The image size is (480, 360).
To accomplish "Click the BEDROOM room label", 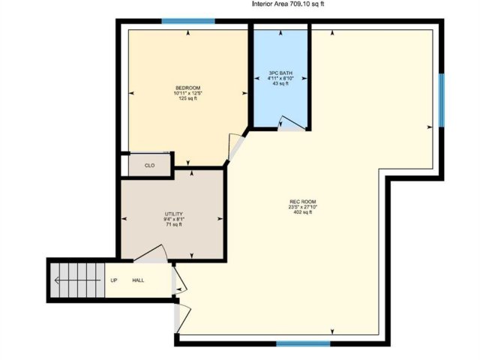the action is click(x=188, y=88).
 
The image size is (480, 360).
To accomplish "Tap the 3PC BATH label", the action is click(x=280, y=73).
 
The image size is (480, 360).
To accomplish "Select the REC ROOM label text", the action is click(x=303, y=202).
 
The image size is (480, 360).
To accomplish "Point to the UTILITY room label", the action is click(x=174, y=214).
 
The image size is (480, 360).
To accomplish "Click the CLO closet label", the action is click(x=149, y=166).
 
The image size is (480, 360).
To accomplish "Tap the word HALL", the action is click(x=138, y=280).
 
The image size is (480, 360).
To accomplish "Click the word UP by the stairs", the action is click(x=113, y=280).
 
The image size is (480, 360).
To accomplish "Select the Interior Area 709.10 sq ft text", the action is click(x=288, y=4).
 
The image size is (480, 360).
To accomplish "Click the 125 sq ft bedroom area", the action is click(x=188, y=98).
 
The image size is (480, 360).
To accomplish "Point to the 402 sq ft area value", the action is click(x=303, y=212).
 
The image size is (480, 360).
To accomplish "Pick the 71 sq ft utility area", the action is click(x=174, y=224).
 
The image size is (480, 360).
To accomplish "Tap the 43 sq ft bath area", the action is click(x=280, y=83).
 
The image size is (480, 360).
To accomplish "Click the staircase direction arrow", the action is click(x=77, y=280).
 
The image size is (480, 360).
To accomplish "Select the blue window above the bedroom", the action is click(x=188, y=21).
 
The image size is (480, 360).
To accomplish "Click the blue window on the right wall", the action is click(x=442, y=100).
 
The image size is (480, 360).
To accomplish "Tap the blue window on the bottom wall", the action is click(x=303, y=343).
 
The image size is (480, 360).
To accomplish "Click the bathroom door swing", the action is click(x=292, y=123).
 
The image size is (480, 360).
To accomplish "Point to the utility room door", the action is click(x=151, y=254).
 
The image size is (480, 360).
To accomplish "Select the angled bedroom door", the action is click(x=236, y=147).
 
